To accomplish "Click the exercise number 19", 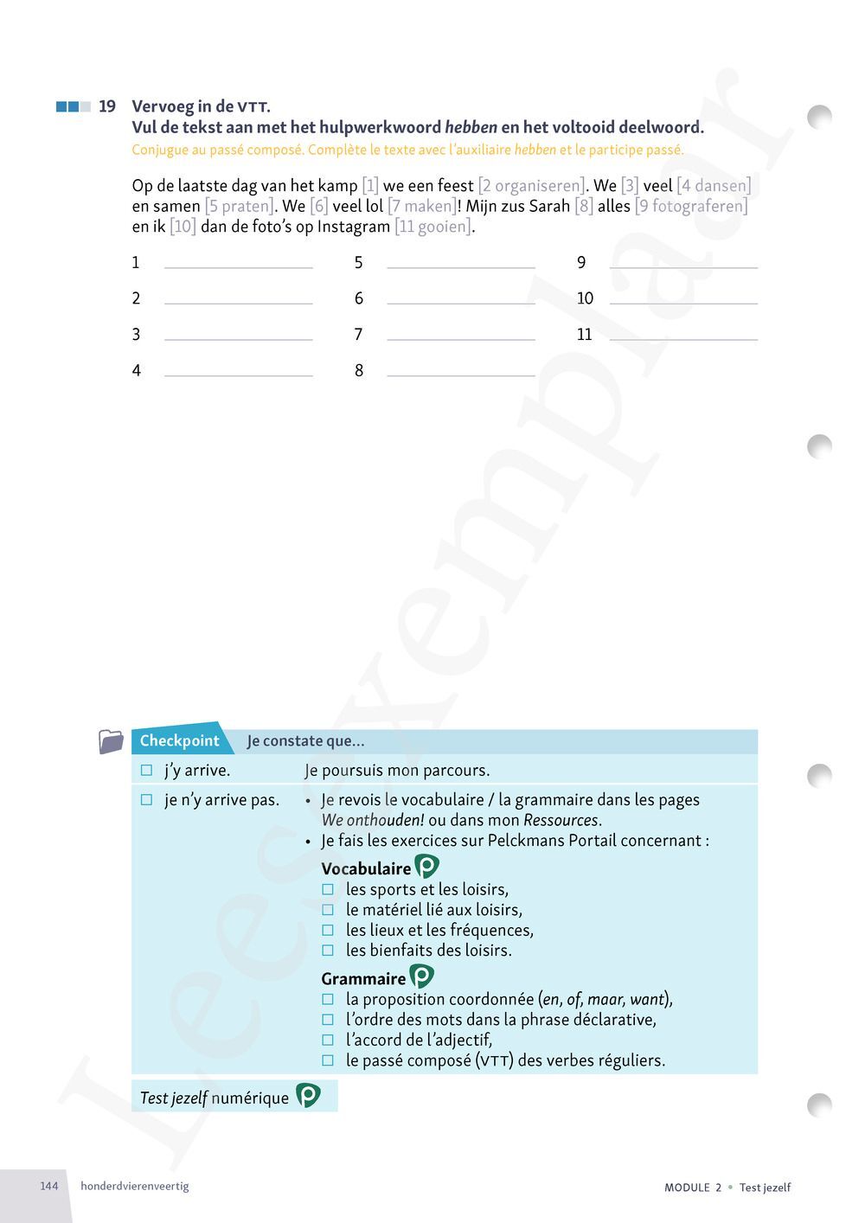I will click(107, 106).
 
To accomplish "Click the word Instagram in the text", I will click(354, 227).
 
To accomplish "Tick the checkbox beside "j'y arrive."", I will click(146, 770).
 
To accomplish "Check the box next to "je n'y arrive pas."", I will click(146, 800).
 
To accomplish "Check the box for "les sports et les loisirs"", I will click(328, 889).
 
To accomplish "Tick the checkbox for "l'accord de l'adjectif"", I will click(328, 1040).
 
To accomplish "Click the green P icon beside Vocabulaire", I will click(426, 867).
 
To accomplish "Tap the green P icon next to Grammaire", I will click(421, 976).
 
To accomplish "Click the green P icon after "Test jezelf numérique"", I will click(308, 1096).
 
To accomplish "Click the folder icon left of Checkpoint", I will click(112, 741).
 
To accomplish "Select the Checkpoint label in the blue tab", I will click(180, 740).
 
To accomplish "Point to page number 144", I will click(49, 1186).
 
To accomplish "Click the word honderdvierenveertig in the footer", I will click(134, 1186).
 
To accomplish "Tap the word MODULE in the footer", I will click(687, 1188).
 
